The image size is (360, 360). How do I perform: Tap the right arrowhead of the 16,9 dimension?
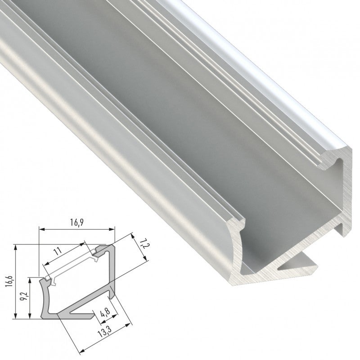(x=113, y=229)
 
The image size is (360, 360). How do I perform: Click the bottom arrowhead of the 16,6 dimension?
(x=16, y=317)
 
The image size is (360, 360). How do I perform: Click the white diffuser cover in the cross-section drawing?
(x=72, y=266)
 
